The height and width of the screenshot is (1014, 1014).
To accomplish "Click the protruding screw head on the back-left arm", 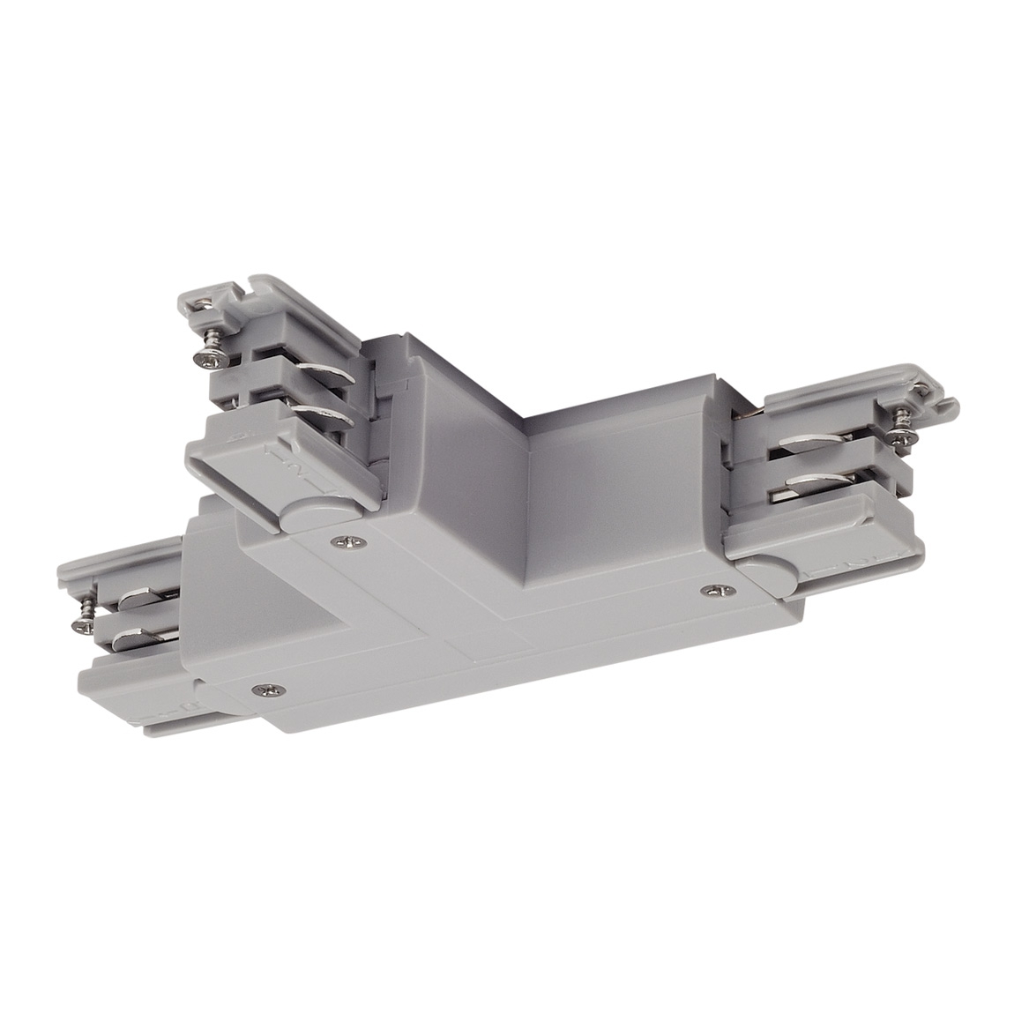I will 211,357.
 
